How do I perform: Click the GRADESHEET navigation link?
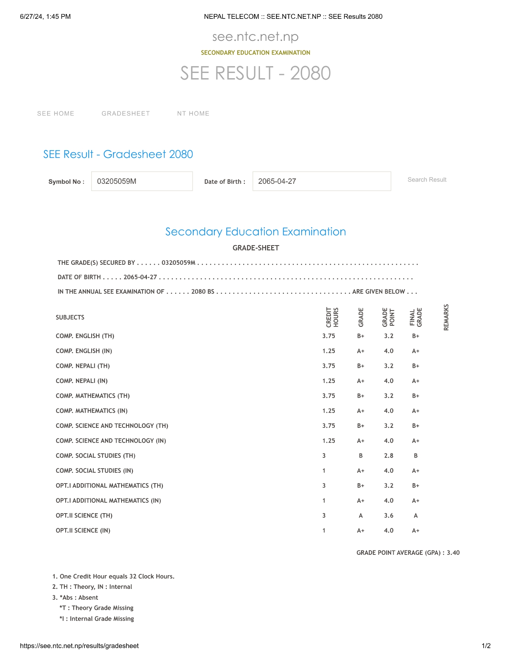[x=126, y=113]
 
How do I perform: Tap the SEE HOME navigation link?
[x=56, y=113]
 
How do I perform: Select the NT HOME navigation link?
[x=193, y=113]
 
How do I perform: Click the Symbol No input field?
[x=142, y=181]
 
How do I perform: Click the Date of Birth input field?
[x=322, y=181]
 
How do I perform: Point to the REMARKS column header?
[x=446, y=317]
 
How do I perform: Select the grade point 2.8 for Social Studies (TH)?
[x=388, y=456]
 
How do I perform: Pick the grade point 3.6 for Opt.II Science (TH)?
[x=388, y=516]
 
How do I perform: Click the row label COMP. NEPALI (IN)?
[x=82, y=381]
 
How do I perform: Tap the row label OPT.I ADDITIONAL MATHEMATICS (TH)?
[x=109, y=486]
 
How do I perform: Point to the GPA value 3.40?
[x=453, y=553]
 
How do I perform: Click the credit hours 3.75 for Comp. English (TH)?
[x=328, y=336]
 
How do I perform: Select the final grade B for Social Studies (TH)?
[x=416, y=456]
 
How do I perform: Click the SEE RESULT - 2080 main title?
[x=255, y=73]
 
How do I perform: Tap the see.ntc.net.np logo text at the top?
[x=255, y=37]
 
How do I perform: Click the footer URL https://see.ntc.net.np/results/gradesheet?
[x=79, y=646]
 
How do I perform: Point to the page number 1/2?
[x=486, y=646]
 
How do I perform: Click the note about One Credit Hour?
[x=114, y=576]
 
